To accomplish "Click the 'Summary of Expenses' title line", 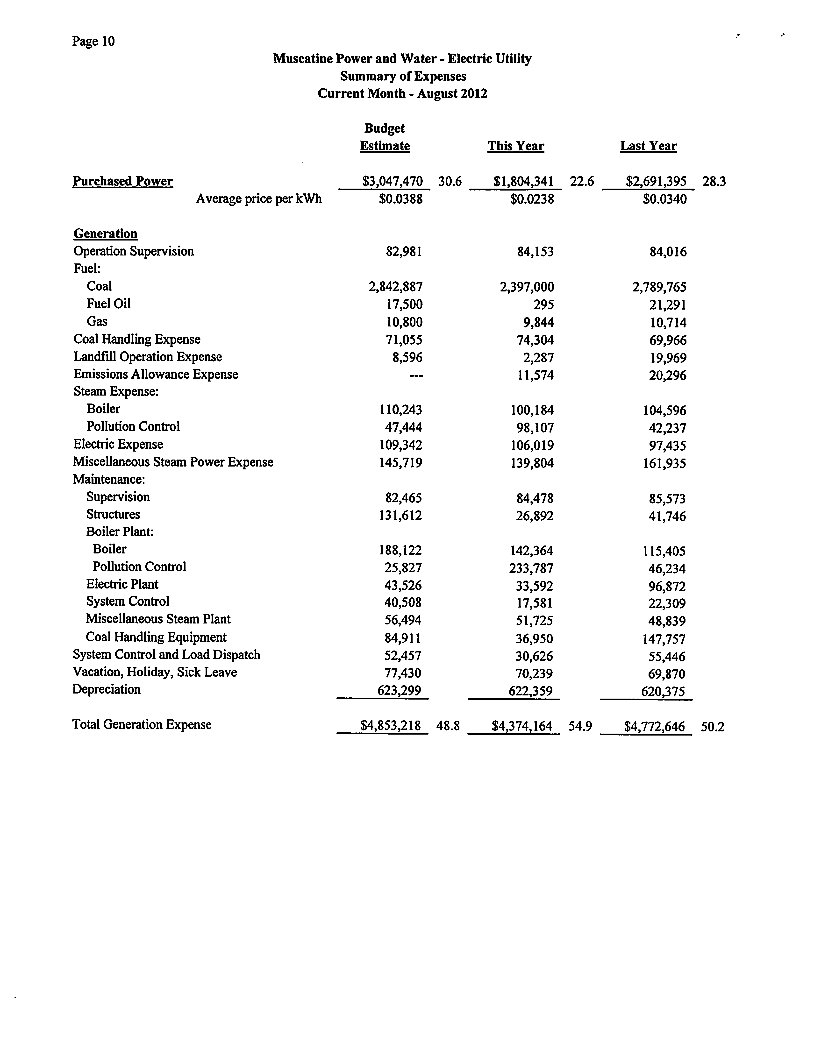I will pos(403,77).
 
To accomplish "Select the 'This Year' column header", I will pos(515,146).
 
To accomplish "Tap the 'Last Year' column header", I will pos(648,146).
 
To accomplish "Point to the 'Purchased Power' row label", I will pos(123,182).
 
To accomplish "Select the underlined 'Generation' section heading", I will pos(105,234).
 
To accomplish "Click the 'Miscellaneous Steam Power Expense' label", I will pos(173,462).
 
